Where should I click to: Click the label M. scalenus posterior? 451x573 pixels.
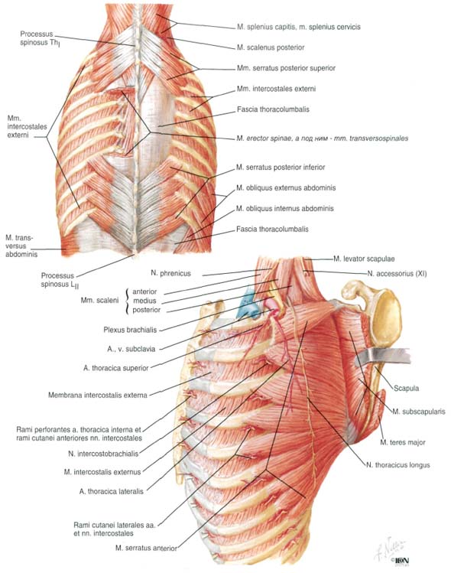coord(271,47)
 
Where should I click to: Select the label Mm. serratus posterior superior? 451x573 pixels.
coord(286,68)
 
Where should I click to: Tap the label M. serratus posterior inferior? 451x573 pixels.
coord(281,167)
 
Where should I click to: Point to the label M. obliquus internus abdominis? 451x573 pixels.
coord(285,208)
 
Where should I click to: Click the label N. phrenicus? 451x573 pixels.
coord(170,273)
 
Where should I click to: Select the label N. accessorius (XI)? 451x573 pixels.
coord(397,273)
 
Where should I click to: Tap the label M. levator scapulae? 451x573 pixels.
coord(364,259)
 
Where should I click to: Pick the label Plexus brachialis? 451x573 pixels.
coord(130,330)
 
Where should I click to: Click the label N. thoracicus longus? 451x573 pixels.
coord(398,465)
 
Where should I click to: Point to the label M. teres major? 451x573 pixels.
coord(403,442)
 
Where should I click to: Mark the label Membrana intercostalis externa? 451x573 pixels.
coord(98,395)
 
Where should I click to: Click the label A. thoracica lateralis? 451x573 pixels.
coord(112,491)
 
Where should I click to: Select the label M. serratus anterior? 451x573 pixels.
coord(146,548)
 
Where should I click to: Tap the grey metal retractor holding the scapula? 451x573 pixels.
coord(382,356)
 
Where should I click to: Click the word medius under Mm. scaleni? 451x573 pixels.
coord(144,301)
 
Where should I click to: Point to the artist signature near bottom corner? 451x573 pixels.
coord(389,549)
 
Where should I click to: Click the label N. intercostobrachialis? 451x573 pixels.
coord(103,454)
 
